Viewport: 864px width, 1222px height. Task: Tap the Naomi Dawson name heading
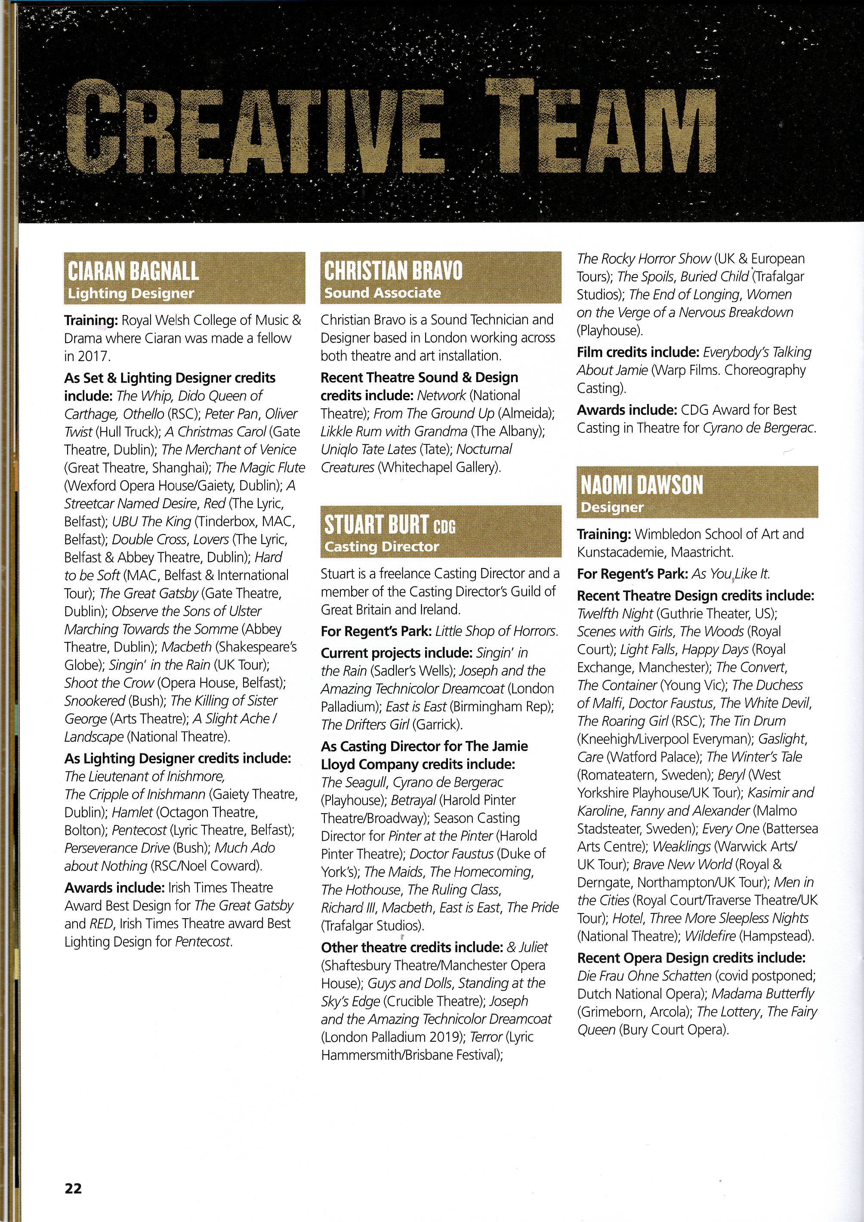coord(642,485)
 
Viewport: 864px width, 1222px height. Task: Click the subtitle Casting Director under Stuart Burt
coord(382,546)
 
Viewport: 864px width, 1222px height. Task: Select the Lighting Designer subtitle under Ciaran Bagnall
coord(131,293)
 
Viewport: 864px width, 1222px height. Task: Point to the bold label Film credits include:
coord(638,352)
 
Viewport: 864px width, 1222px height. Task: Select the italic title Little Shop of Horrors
coord(496,631)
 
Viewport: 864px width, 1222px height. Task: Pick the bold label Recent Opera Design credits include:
coord(691,958)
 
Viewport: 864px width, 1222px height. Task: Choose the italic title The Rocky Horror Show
coord(644,259)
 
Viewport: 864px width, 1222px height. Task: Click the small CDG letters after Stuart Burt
coord(444,527)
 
